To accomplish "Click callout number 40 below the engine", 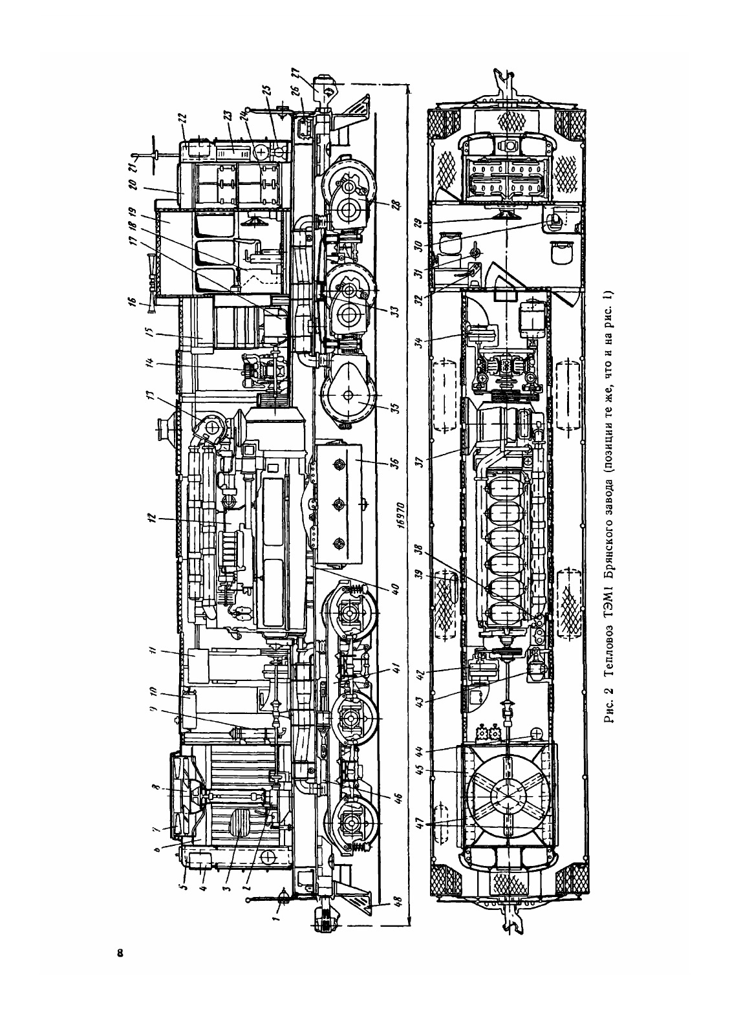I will tap(396, 588).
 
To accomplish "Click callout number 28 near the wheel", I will tap(395, 205).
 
